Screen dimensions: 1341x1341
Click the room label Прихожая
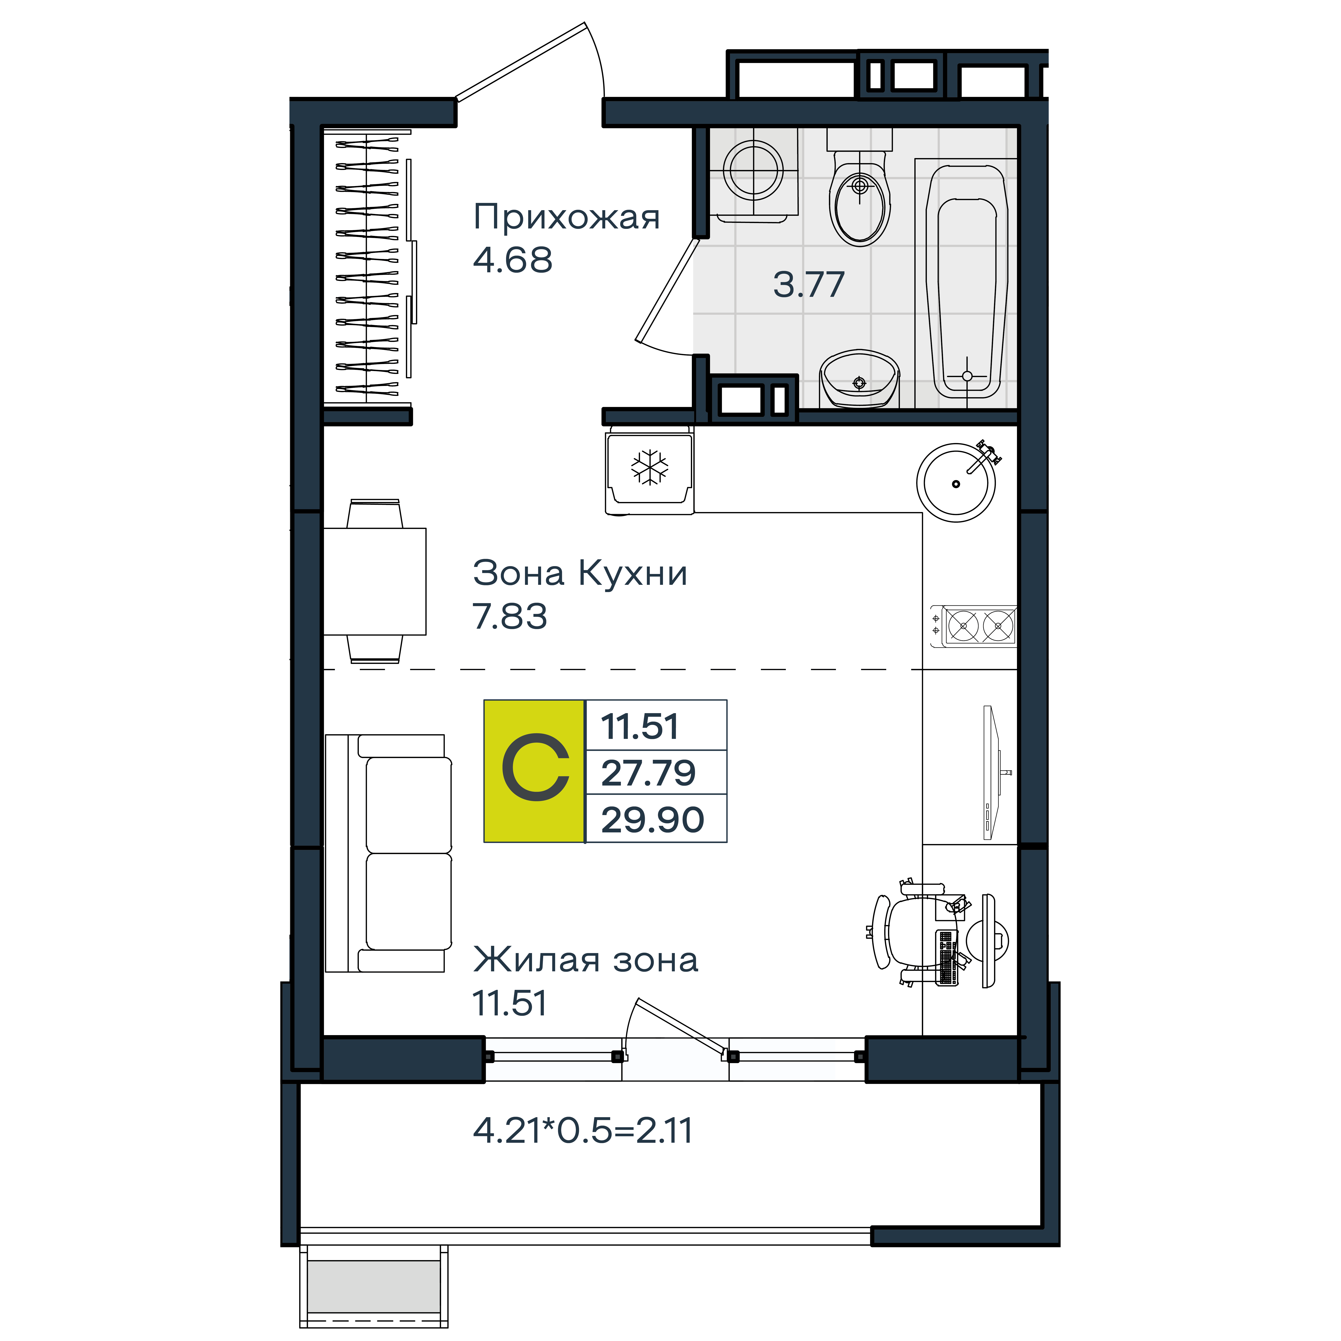pos(566,217)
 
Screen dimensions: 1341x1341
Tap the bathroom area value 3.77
pos(809,285)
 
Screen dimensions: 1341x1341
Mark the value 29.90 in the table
pos(652,820)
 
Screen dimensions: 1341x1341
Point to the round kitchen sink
pos(956,482)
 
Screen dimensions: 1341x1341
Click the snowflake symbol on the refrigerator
pos(650,467)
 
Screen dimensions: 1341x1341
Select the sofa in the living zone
pos(389,853)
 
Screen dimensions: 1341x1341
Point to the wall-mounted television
pos(994,772)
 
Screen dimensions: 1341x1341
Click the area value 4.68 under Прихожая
pos(513,260)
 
